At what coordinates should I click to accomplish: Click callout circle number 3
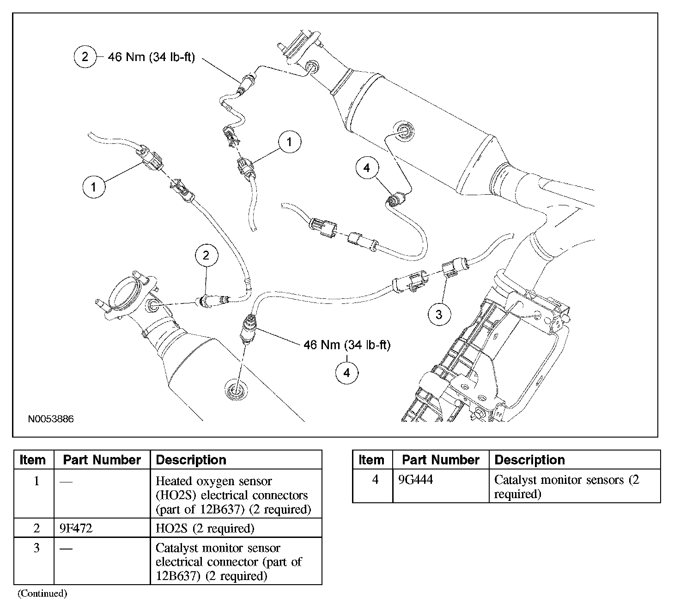(438, 315)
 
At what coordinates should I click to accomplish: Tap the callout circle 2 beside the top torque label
(85, 57)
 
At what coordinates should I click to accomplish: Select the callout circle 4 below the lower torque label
(347, 372)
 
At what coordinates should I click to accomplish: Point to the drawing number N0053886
(51, 419)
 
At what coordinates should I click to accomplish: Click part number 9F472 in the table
(76, 528)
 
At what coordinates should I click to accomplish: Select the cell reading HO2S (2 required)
(205, 528)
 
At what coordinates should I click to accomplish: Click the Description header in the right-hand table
(529, 460)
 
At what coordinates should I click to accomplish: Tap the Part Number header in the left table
(102, 460)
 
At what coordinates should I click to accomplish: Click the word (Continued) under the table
(42, 593)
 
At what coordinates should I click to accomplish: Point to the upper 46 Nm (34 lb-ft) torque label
(151, 57)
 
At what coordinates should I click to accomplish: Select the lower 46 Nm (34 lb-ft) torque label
(347, 345)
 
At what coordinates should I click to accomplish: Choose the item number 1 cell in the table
(36, 481)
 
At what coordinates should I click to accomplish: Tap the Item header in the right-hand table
(371, 460)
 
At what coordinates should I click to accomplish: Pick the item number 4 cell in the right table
(375, 480)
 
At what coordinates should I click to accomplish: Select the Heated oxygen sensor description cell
(233, 495)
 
